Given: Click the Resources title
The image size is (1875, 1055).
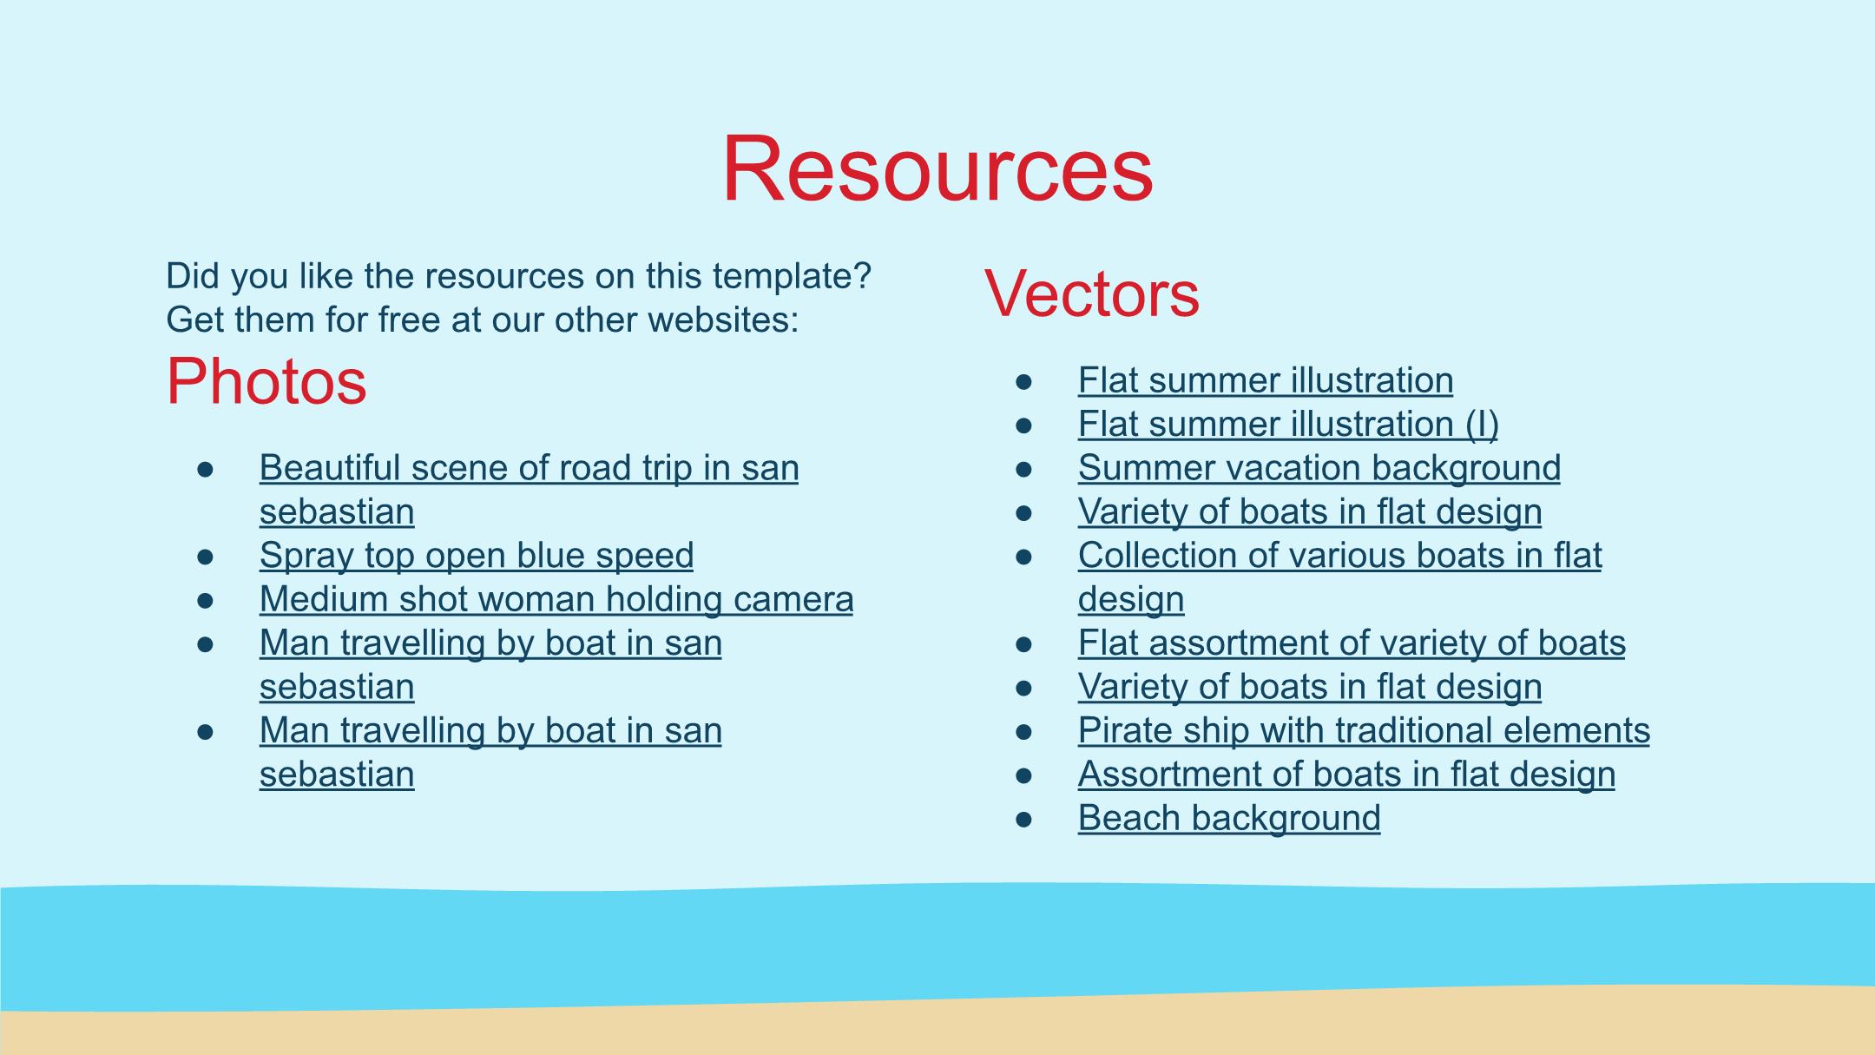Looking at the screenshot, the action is (937, 168).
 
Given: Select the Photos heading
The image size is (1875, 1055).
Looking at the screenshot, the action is (266, 382).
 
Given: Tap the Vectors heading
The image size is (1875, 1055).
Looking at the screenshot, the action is (1092, 294).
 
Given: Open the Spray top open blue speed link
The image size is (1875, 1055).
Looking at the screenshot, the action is (477, 556).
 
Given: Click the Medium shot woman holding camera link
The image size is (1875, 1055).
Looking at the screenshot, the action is (556, 599).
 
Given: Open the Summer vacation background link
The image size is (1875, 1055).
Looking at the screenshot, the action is (1319, 468).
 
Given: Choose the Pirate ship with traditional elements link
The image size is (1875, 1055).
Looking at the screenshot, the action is (1364, 731).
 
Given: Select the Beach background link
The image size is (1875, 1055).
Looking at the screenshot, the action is (1229, 819).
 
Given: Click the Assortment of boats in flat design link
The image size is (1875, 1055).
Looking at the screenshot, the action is (1346, 775).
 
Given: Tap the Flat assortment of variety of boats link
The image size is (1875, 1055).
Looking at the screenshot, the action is (1352, 643).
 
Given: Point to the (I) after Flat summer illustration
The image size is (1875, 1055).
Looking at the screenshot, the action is (1482, 425).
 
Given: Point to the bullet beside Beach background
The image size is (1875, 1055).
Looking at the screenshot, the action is (1024, 820).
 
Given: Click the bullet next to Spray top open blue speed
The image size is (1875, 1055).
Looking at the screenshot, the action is (206, 557).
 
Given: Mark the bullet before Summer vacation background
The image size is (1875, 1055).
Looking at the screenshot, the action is (1024, 469).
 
